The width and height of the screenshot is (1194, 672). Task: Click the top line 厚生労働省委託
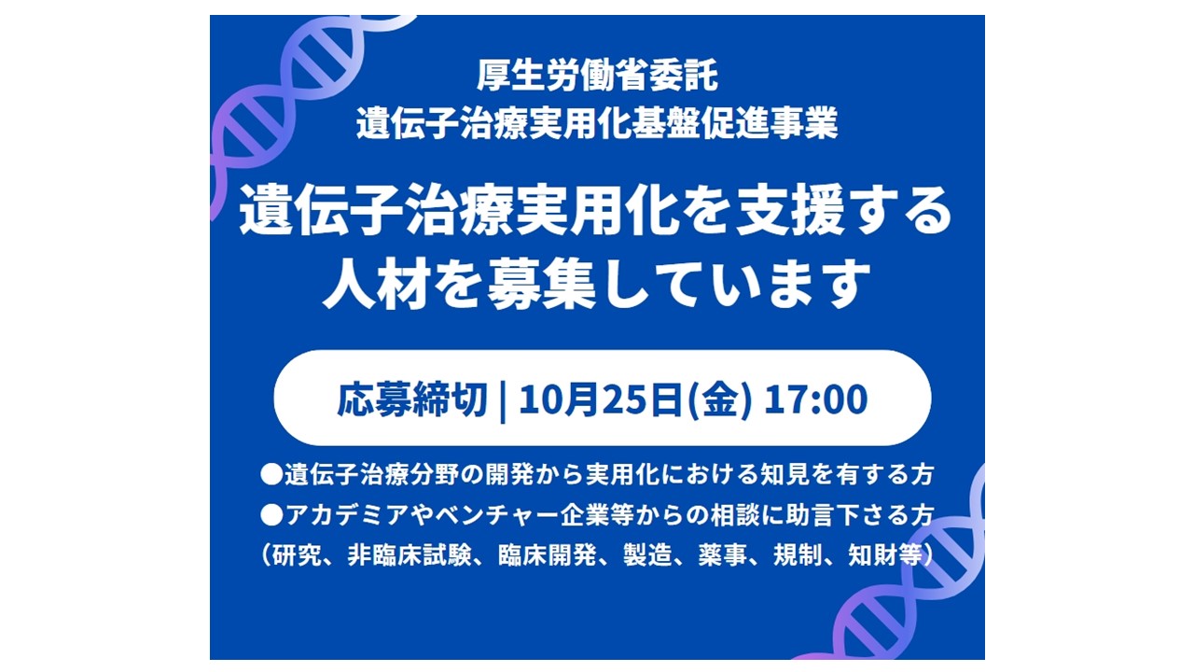point(597,77)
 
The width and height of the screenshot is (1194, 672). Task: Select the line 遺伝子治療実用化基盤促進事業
point(597,123)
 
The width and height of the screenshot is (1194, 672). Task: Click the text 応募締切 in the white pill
point(412,399)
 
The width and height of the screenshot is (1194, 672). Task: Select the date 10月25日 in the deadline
point(601,399)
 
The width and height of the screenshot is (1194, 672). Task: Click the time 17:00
point(816,399)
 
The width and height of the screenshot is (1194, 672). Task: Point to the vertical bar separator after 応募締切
point(503,400)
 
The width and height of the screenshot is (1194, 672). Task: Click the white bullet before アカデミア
point(271,516)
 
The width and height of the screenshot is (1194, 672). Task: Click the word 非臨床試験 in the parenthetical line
point(410,556)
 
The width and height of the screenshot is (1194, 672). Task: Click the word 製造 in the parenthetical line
point(647,556)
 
